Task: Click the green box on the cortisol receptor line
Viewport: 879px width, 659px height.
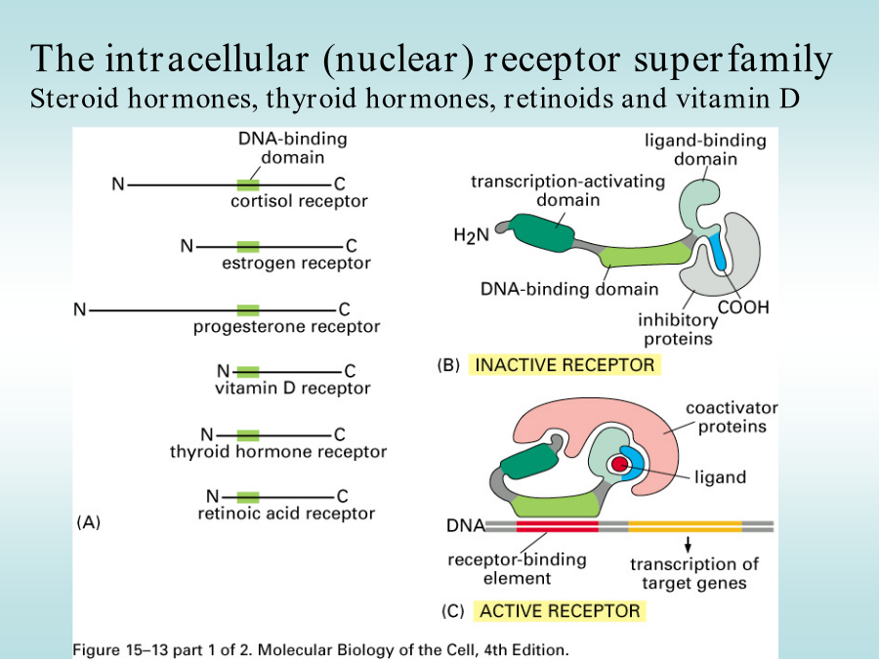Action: click(x=248, y=185)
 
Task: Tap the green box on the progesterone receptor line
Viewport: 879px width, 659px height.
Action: click(x=248, y=309)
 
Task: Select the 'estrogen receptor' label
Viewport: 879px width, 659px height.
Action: click(x=296, y=264)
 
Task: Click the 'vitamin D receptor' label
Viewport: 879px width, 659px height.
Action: click(x=293, y=388)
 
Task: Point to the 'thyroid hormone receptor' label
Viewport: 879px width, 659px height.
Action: click(x=278, y=452)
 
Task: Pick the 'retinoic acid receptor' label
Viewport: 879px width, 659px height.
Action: click(x=286, y=514)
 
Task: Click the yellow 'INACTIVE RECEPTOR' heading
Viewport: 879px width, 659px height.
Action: click(x=565, y=365)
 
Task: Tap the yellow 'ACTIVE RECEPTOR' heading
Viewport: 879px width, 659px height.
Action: click(x=560, y=611)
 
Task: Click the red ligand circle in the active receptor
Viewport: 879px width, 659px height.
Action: click(x=619, y=464)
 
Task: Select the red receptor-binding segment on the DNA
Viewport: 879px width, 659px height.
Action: click(x=558, y=526)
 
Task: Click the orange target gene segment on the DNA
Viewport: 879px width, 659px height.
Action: click(x=685, y=526)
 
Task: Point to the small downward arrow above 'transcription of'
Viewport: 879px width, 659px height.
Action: click(x=688, y=544)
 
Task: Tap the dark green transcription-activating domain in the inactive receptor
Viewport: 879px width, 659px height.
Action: click(x=541, y=232)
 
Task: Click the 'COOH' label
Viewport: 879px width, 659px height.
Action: click(x=743, y=308)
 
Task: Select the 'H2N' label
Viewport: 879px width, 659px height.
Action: click(x=472, y=235)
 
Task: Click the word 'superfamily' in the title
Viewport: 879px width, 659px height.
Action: click(x=733, y=60)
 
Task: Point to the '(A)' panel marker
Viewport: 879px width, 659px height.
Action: click(x=89, y=522)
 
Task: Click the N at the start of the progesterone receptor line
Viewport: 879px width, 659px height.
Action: click(x=80, y=309)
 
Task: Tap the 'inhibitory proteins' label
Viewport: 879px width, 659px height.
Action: click(x=678, y=330)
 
